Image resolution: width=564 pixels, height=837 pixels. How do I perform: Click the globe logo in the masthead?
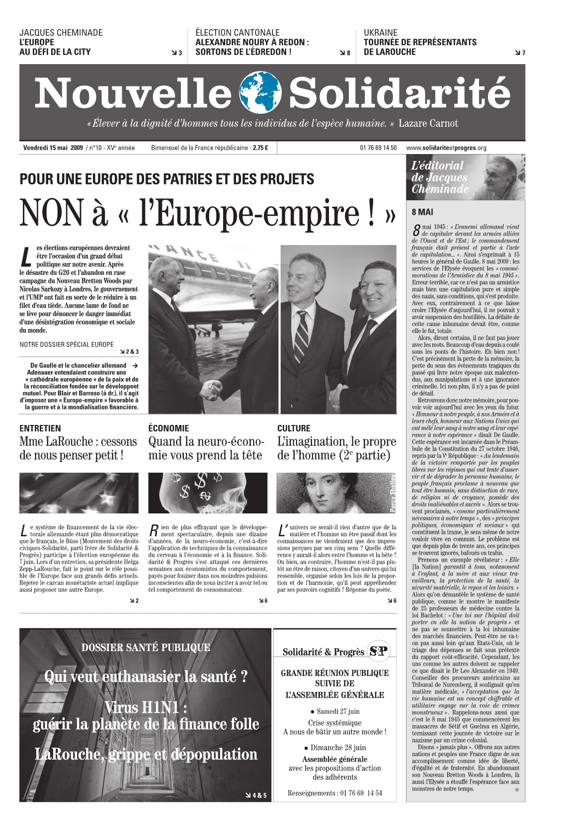pos(260,92)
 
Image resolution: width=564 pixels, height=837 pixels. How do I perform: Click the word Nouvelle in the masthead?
pos(133,94)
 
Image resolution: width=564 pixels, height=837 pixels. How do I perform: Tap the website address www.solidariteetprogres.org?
pos(446,148)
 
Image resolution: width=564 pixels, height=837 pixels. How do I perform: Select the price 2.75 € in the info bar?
pos(260,148)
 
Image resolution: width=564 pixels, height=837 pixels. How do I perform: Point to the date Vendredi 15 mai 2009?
pos(53,148)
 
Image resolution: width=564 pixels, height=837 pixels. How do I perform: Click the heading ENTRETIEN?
pos(40,428)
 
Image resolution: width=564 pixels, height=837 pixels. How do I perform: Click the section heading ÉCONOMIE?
pos(168,428)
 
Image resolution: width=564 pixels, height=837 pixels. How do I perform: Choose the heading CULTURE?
pos(294,428)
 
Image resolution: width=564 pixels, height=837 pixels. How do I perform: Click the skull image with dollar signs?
pos(207,493)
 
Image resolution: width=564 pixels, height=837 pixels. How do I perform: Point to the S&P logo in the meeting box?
pos(379,651)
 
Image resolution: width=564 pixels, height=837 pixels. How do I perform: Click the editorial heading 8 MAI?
pos(422,212)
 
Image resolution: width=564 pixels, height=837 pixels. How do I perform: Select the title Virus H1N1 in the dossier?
pos(146,707)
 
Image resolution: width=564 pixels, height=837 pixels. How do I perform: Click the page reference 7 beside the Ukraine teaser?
pos(523,53)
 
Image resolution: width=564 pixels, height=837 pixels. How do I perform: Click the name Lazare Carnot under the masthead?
pos(428,124)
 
